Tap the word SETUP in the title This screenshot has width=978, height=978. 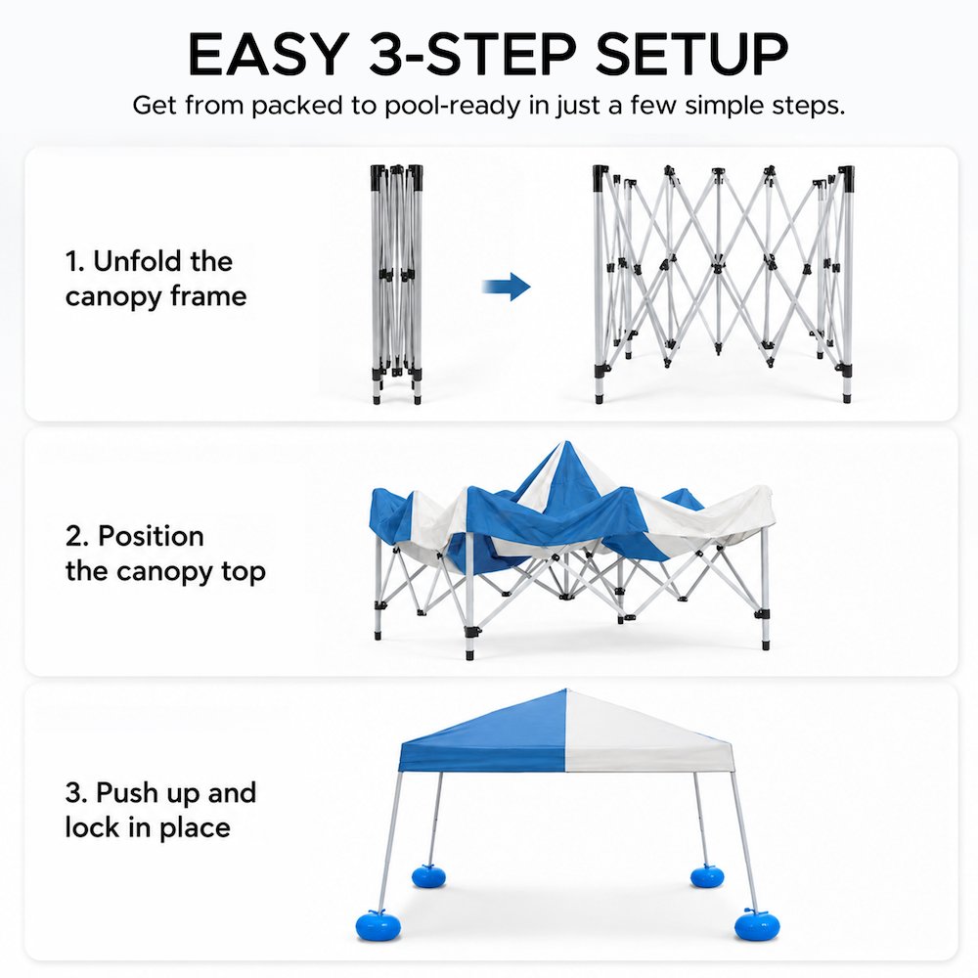tap(691, 54)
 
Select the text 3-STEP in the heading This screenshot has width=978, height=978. tap(472, 54)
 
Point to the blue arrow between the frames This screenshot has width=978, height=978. tap(506, 287)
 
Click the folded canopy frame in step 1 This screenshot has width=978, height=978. tap(397, 284)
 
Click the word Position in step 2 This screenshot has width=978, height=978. tap(151, 536)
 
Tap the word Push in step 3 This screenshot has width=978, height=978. tap(128, 793)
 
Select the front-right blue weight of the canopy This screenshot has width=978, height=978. tap(757, 925)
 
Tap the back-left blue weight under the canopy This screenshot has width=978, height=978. tap(428, 875)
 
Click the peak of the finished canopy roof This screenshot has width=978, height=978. tap(566, 690)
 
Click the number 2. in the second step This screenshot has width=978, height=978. tap(77, 536)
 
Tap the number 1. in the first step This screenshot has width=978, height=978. tap(74, 261)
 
